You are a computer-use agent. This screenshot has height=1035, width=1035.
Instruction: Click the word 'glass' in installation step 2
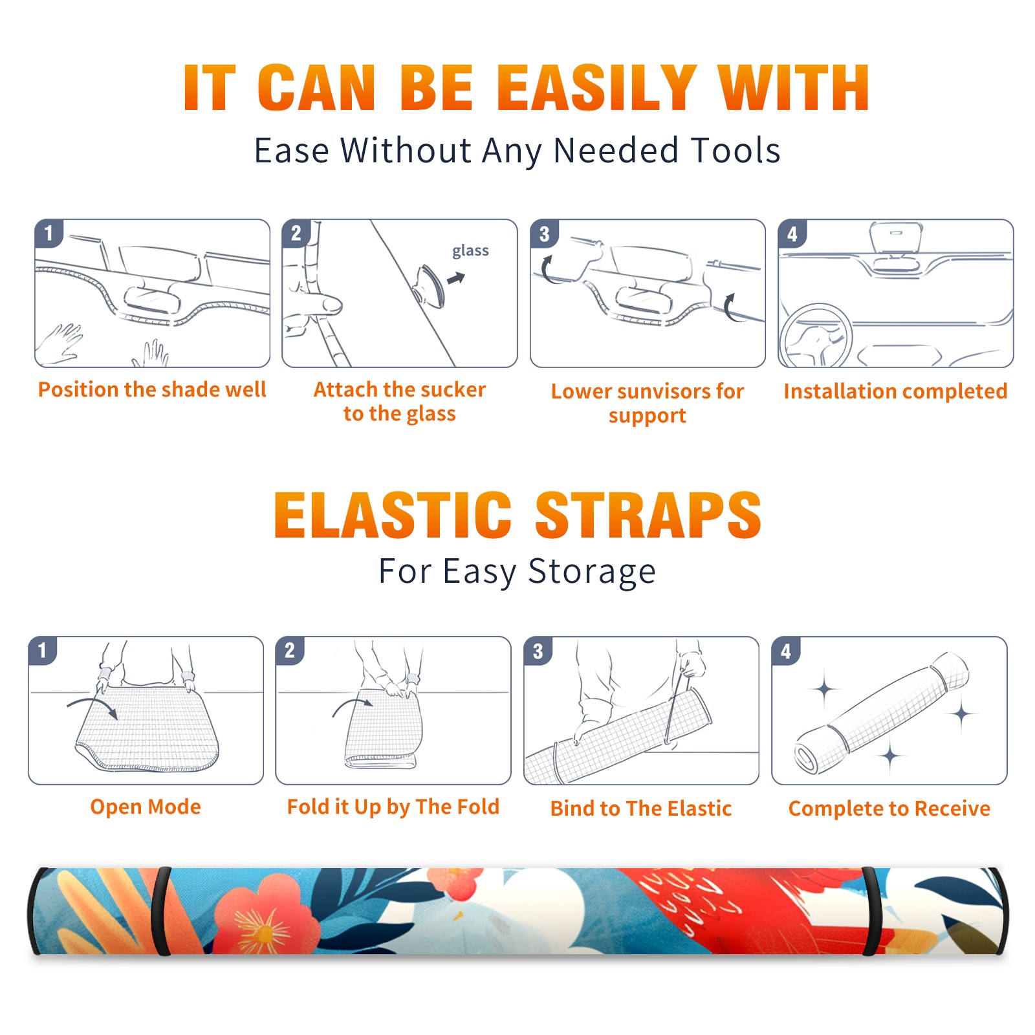[470, 251]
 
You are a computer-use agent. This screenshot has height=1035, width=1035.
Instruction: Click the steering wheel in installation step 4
[816, 336]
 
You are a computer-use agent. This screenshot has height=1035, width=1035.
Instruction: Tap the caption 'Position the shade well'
[152, 389]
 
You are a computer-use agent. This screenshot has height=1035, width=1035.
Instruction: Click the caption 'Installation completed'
[896, 391]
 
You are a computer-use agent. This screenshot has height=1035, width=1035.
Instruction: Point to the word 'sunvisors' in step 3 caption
[662, 391]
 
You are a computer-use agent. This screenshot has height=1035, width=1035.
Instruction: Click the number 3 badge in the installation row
[544, 234]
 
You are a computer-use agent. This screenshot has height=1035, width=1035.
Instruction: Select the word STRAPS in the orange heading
[649, 515]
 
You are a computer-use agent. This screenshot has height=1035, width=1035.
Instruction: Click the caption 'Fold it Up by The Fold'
[393, 807]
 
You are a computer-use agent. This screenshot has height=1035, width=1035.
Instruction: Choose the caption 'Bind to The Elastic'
[641, 809]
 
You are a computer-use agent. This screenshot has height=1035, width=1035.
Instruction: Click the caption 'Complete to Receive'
[889, 809]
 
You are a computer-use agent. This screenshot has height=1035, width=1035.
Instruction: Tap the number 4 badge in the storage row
[786, 651]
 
